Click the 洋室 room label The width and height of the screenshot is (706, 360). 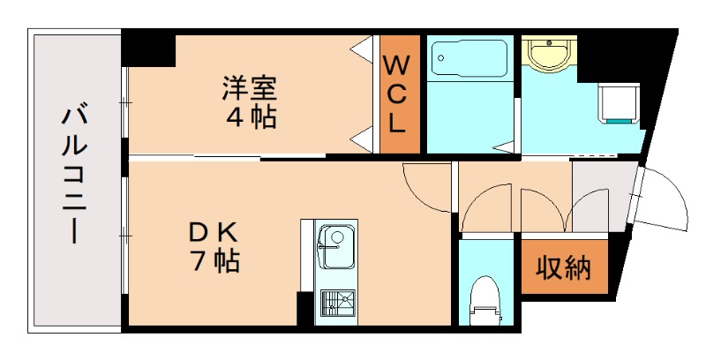point(250,88)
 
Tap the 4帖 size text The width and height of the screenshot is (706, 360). point(250,116)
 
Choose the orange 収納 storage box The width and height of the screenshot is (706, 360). point(564,267)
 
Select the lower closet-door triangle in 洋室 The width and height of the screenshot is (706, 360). point(361,139)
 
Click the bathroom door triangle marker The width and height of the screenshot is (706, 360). point(504,146)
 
